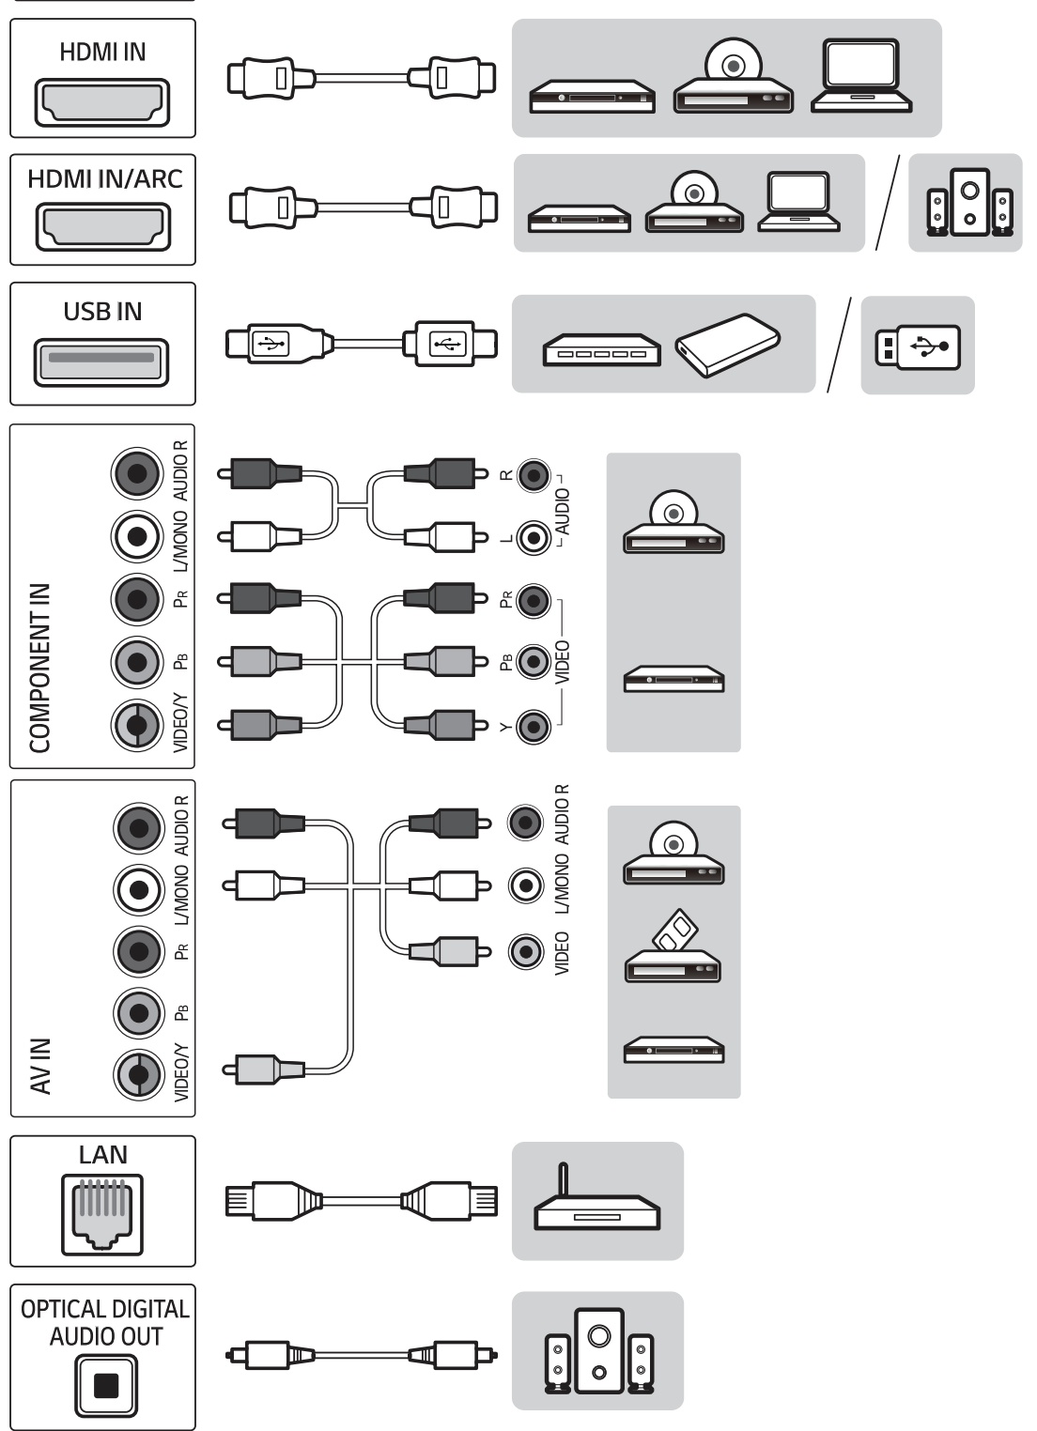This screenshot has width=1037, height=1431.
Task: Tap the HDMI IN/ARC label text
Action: [x=104, y=178]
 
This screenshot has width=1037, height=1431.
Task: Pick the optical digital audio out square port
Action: [x=106, y=1385]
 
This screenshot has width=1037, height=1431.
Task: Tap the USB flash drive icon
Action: [x=917, y=346]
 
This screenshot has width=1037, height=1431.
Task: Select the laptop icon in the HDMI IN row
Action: [x=861, y=77]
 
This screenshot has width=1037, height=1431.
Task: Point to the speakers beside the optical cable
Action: [x=598, y=1350]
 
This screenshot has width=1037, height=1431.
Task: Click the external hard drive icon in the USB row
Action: [x=727, y=345]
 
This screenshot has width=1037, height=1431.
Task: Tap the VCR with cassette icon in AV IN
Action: [x=673, y=951]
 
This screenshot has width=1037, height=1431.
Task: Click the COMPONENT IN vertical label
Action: [x=39, y=668]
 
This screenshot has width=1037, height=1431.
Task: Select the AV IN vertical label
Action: [x=39, y=1066]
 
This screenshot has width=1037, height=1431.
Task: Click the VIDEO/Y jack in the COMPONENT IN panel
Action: [x=138, y=726]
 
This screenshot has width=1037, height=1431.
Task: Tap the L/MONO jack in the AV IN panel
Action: [x=139, y=888]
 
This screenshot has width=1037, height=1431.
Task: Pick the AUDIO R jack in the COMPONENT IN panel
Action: [x=138, y=472]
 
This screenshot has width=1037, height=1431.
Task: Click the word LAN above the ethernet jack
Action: [x=103, y=1154]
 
